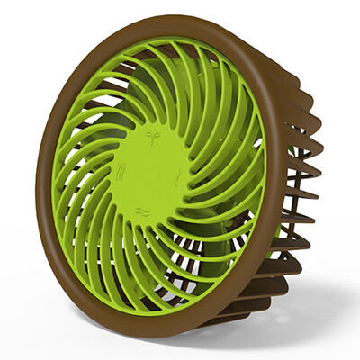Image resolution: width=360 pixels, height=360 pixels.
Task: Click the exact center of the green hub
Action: [148, 175]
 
